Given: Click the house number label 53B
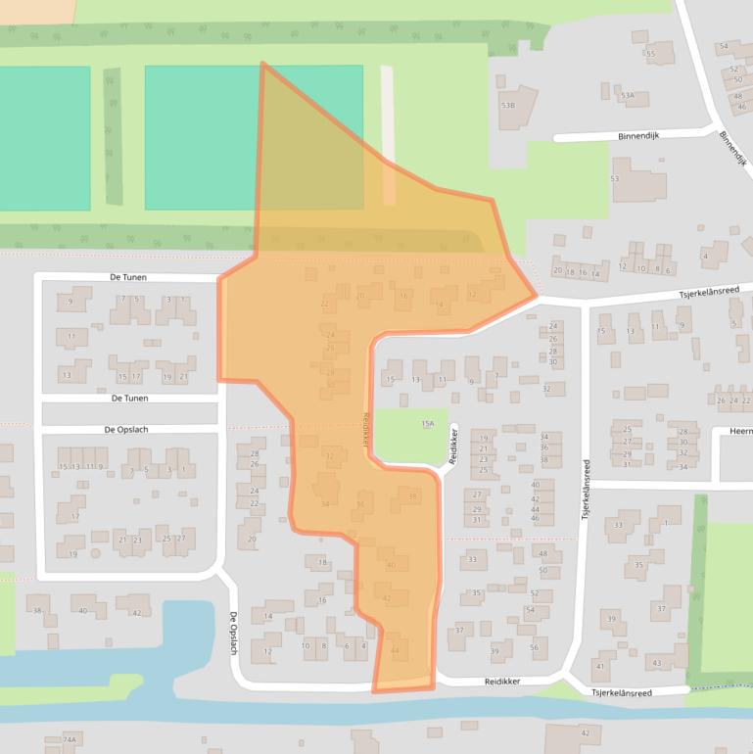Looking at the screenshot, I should tap(507, 105).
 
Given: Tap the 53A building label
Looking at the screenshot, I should tap(628, 96).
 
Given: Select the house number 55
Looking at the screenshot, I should tap(650, 53).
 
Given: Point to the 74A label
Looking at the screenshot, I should tap(69, 739).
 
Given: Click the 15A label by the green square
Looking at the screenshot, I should tap(427, 424).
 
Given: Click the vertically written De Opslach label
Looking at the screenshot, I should tap(234, 634).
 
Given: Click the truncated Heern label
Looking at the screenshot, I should tap(739, 431).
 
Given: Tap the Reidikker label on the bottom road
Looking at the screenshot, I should tap(501, 681).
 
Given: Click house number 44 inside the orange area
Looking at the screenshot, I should tap(395, 650).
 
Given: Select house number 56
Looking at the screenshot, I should tap(534, 647).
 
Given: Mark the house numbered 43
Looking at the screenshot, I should tap(656, 663).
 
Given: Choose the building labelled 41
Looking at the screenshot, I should tap(598, 666).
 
